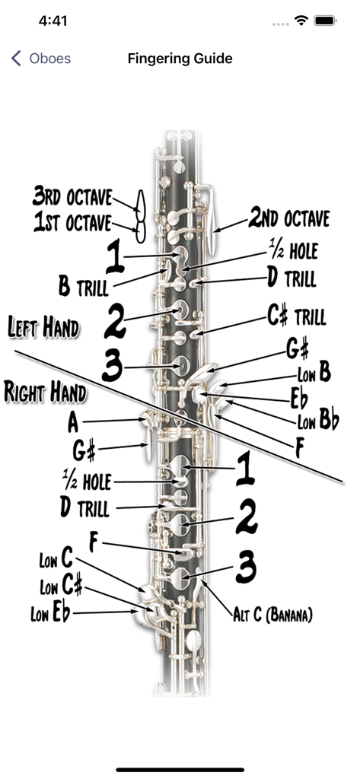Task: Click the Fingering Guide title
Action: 180,59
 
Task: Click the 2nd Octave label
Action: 289,220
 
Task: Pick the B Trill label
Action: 84,288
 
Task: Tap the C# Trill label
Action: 296,316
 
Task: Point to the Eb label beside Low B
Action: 298,398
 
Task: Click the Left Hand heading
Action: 43,329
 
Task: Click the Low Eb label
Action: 50,613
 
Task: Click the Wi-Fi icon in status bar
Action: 302,21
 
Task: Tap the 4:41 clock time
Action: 53,21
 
